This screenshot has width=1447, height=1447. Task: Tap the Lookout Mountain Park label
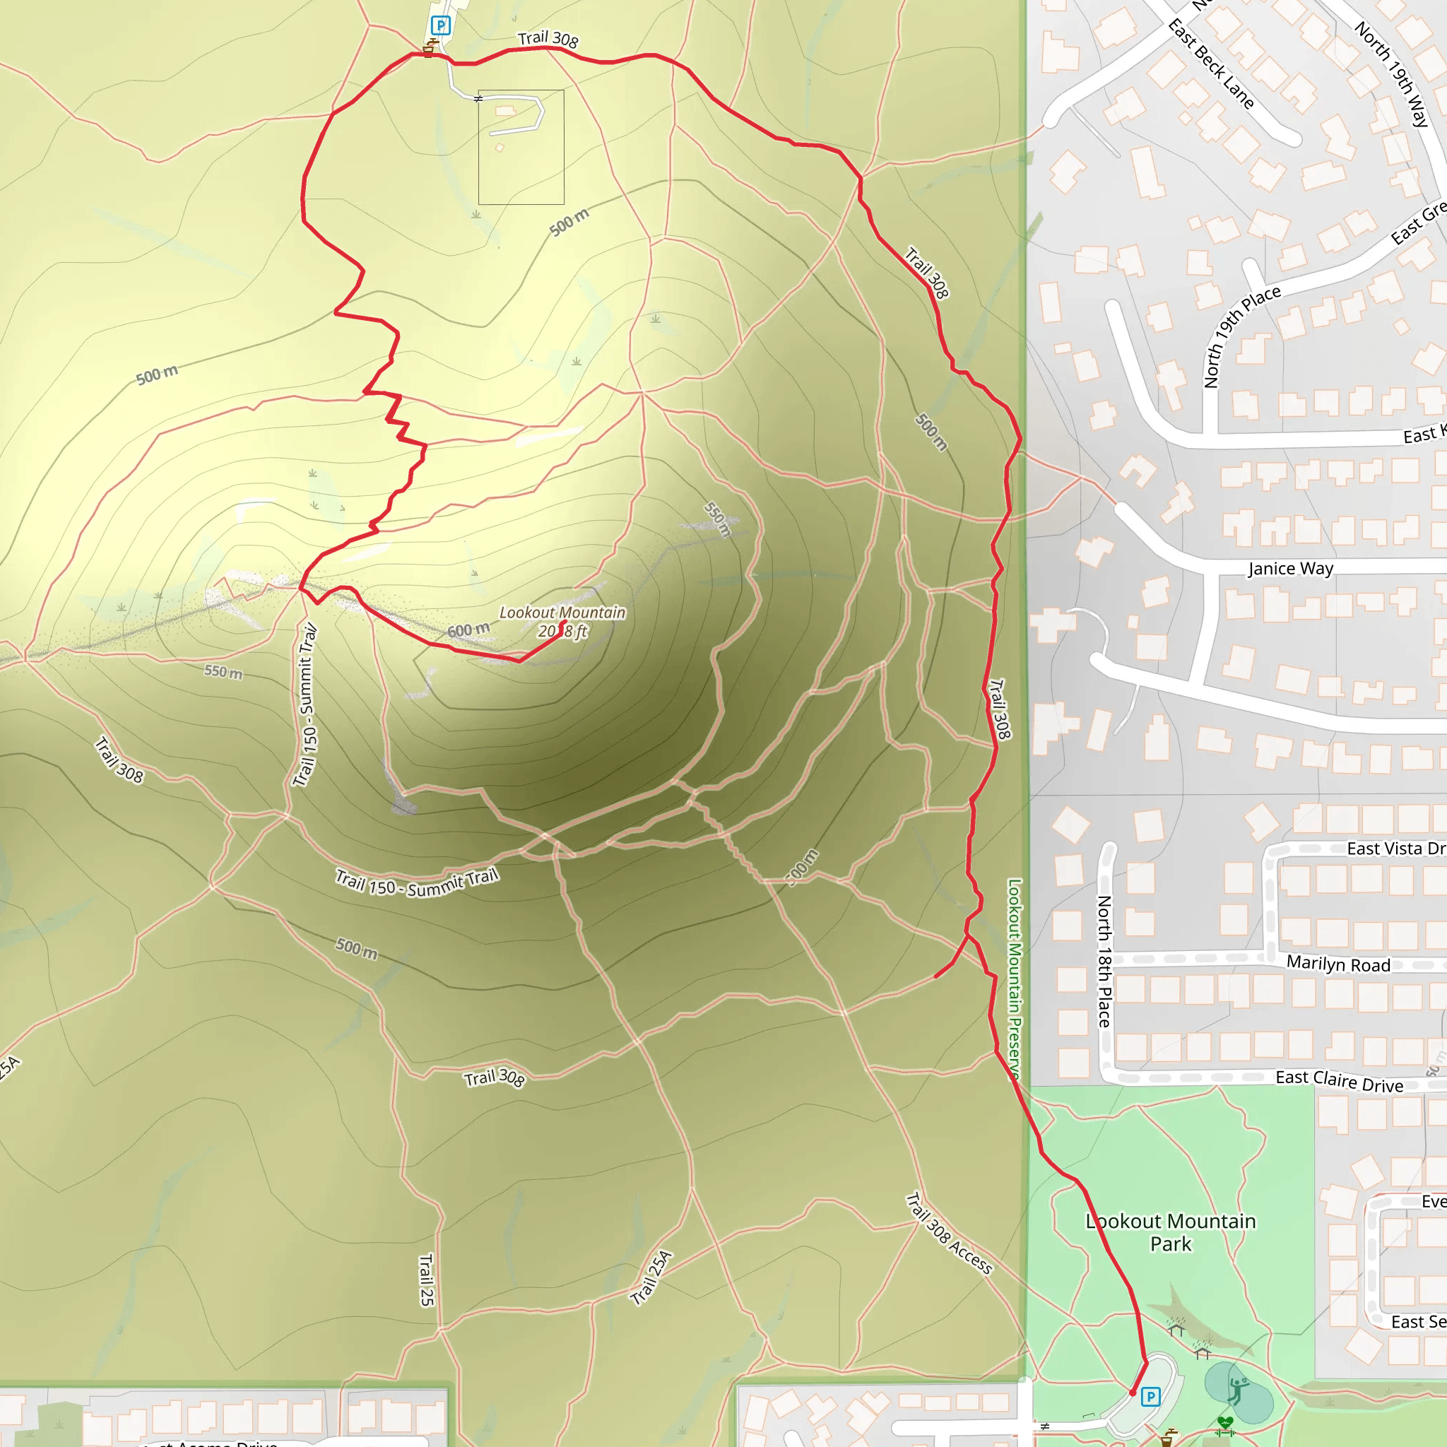[x=1171, y=1232]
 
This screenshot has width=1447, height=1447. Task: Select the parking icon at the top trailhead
[x=440, y=26]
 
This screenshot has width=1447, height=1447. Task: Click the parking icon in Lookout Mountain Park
[x=1150, y=1397]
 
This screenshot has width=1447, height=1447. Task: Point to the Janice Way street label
[x=1290, y=569]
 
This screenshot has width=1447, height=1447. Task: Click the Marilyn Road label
[x=1338, y=964]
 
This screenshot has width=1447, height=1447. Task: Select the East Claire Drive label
[x=1339, y=1081]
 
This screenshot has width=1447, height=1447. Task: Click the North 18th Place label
[x=1104, y=961]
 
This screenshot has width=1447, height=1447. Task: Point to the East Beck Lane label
[x=1210, y=64]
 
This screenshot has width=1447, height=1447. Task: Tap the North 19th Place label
[x=1241, y=336]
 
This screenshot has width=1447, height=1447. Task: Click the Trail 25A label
[x=651, y=1278]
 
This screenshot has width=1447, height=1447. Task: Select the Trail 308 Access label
[x=949, y=1234]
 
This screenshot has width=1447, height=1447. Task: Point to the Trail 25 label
[x=426, y=1280]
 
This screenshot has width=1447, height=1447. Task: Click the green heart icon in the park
[x=1225, y=1422]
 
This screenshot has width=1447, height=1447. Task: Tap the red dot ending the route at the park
[x=1133, y=1393]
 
